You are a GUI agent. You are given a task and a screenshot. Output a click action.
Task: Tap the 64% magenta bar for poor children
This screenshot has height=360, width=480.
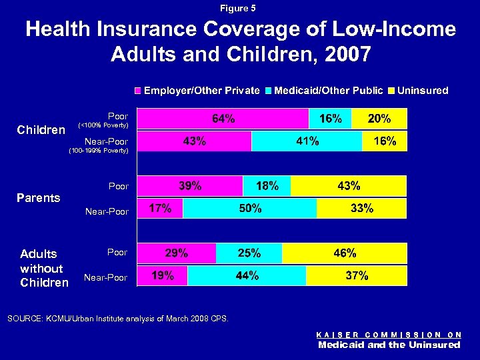(223, 119)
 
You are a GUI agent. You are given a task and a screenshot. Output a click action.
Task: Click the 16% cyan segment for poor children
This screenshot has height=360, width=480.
(331, 119)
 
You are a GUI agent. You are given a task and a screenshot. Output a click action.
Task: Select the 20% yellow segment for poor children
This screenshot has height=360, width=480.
(379, 119)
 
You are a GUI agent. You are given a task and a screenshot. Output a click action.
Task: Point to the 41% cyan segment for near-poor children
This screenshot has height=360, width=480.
(307, 141)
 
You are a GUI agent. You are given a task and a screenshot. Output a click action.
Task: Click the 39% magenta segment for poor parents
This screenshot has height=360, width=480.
(190, 186)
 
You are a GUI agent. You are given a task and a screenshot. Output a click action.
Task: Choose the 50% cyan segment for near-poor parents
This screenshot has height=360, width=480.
(250, 209)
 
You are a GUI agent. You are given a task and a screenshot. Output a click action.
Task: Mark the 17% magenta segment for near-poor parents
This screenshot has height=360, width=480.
(160, 209)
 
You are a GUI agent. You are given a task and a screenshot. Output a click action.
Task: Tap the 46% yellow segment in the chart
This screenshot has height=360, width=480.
(344, 253)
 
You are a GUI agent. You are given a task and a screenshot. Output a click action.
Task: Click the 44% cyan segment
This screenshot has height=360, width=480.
(247, 276)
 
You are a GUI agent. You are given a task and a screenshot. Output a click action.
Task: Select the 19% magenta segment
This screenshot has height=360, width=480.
(163, 276)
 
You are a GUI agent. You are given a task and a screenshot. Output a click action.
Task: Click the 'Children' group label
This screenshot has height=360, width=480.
(41, 129)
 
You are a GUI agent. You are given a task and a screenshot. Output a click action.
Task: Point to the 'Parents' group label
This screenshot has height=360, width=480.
(38, 197)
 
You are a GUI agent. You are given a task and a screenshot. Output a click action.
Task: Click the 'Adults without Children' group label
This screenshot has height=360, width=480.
(44, 268)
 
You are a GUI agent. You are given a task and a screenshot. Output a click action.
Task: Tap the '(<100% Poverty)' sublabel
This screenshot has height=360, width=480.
(103, 125)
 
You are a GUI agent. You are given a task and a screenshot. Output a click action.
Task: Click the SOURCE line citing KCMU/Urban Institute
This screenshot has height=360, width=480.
(117, 319)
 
